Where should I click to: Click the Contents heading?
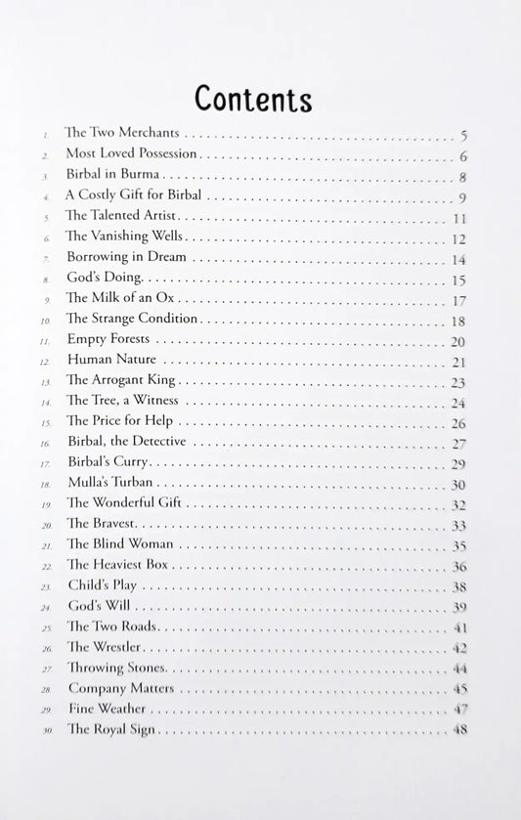point(253,98)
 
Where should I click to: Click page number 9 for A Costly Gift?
point(462,196)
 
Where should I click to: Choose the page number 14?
point(458,259)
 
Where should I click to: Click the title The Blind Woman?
point(120,544)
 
